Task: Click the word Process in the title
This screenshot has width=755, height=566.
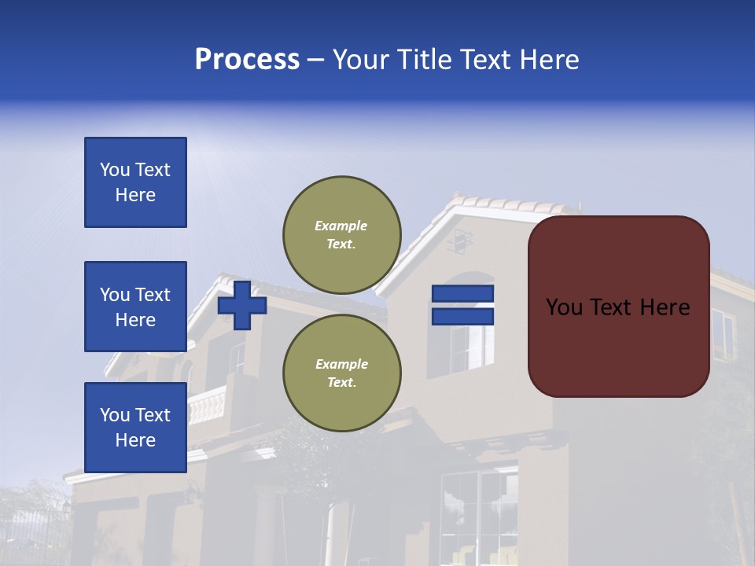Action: [x=247, y=60]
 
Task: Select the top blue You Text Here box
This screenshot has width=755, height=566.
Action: [x=135, y=182]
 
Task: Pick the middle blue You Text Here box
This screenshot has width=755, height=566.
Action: [x=135, y=307]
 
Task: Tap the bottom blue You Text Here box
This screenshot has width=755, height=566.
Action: [x=135, y=427]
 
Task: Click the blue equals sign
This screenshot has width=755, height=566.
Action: [x=462, y=305]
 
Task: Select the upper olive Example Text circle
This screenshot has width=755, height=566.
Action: [x=341, y=235]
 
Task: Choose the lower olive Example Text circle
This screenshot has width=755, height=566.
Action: [x=341, y=373]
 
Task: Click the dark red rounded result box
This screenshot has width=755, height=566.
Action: [x=618, y=306]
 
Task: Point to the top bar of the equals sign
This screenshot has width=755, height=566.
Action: [x=462, y=294]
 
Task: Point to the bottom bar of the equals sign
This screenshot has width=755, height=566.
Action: [x=462, y=316]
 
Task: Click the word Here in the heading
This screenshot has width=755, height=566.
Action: [x=548, y=60]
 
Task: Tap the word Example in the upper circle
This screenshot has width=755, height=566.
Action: [x=341, y=226]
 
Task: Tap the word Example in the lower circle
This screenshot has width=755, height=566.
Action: [x=341, y=364]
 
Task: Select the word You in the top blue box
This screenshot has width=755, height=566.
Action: [x=114, y=170]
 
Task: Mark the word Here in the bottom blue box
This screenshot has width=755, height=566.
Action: [x=135, y=440]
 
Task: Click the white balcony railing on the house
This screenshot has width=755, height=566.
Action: [x=206, y=406]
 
